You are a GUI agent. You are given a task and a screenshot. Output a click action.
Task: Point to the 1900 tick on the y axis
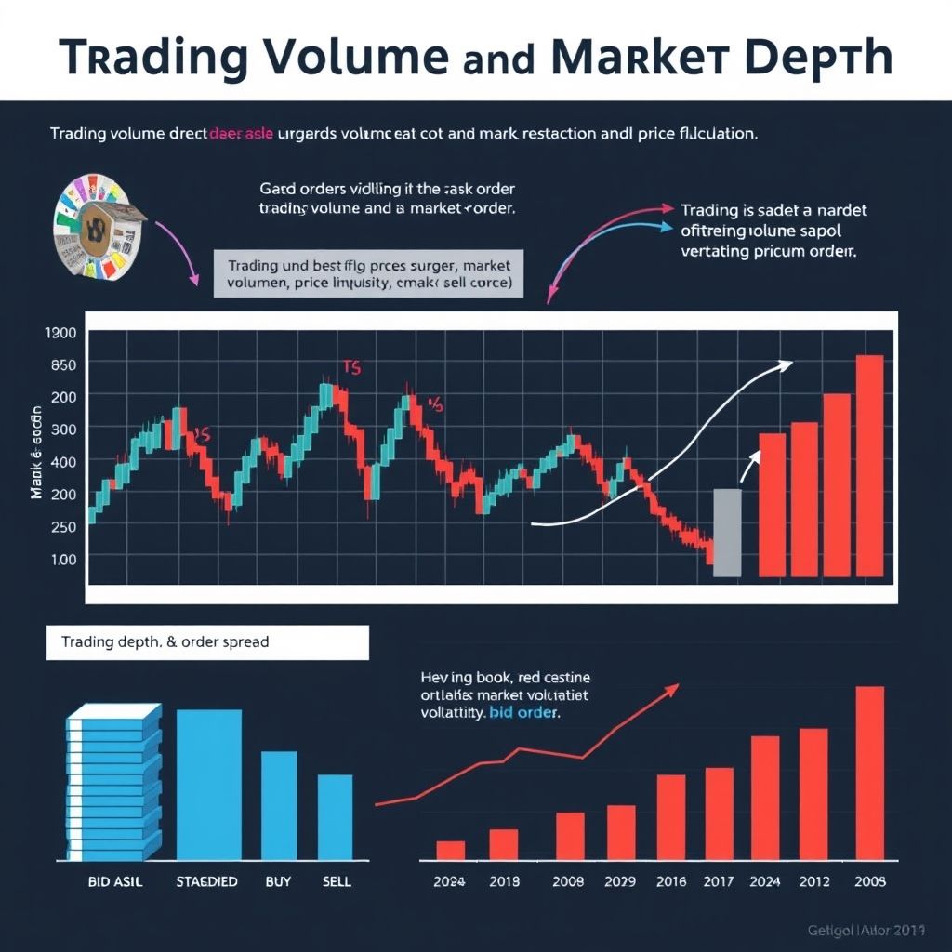pyautogui.click(x=59, y=332)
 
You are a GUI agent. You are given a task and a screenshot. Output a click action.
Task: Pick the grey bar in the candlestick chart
pyautogui.click(x=727, y=532)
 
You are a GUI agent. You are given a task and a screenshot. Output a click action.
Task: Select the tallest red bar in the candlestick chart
pyautogui.click(x=869, y=465)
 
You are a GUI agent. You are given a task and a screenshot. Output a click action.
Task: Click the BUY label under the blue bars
pyautogui.click(x=278, y=880)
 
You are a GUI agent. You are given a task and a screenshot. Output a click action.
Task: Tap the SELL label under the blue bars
pyautogui.click(x=336, y=880)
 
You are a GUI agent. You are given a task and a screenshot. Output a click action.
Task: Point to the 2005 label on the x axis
pyautogui.click(x=869, y=880)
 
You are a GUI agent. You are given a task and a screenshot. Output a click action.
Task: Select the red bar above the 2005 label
pyautogui.click(x=869, y=772)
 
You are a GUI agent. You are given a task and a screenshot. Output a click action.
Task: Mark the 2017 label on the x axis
pyautogui.click(x=720, y=880)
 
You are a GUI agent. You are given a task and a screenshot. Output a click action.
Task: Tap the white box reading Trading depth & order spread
pyautogui.click(x=207, y=641)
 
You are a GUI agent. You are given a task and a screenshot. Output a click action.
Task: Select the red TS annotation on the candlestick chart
pyautogui.click(x=351, y=367)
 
